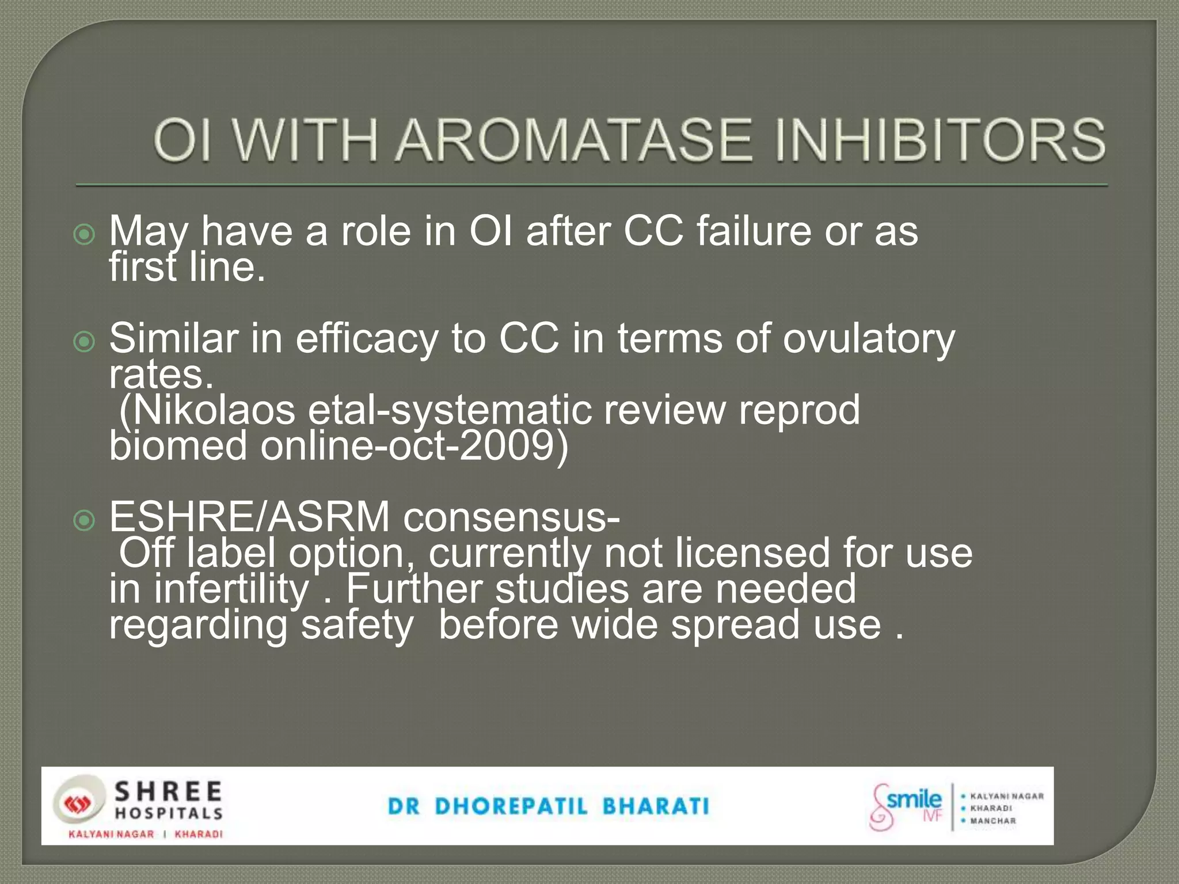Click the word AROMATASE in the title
click(573, 141)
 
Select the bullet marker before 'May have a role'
click(85, 234)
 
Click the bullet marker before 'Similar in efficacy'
click(85, 342)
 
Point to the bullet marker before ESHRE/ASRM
click(85, 521)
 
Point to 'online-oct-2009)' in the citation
click(414, 446)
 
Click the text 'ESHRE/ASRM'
click(250, 517)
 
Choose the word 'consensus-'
click(511, 517)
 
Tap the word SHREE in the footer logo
click(168, 792)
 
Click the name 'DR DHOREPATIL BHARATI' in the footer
click(549, 806)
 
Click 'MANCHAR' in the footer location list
click(993, 821)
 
